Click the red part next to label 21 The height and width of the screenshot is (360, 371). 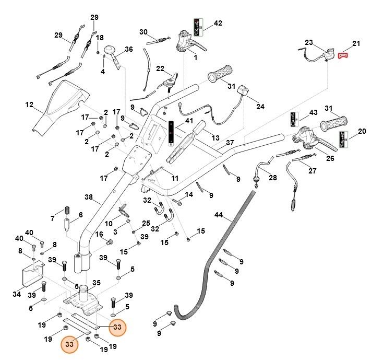343,55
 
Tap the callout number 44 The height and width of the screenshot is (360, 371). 219,215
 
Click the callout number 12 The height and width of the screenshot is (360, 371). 29,104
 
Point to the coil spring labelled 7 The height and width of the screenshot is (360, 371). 67,210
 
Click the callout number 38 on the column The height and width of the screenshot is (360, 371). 89,197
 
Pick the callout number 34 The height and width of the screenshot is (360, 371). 17,294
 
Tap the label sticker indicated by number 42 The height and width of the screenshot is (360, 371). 198,27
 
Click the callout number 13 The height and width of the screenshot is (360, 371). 216,138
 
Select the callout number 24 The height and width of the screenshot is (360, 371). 260,107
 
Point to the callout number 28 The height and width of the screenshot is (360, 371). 272,178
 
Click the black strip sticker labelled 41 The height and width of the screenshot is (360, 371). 171,133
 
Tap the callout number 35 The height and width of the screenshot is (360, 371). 97,283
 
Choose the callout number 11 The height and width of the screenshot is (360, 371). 175,178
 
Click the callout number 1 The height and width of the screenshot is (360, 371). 196,57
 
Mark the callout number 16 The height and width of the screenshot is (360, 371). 99,234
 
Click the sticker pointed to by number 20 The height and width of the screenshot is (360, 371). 344,140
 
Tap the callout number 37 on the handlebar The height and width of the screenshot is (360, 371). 230,143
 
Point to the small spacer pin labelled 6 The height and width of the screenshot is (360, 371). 66,226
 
